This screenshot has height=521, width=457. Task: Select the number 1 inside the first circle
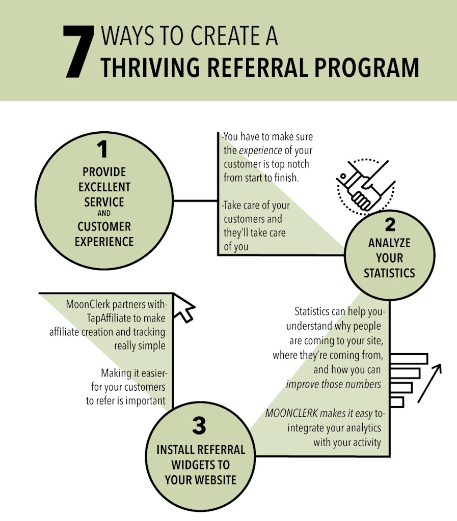pos(103,150)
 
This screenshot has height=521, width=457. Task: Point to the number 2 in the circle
pos(389,225)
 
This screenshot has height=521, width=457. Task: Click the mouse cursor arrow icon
pos(184,308)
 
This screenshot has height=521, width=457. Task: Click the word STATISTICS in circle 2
pos(389,273)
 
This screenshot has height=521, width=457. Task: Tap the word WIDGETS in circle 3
pos(200,465)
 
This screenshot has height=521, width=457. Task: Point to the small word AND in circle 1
pos(104,214)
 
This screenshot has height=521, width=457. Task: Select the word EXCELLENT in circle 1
pos(104,187)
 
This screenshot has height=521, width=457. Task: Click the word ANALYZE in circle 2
pos(389,243)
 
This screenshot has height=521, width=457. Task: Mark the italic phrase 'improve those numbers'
pos(334,384)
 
